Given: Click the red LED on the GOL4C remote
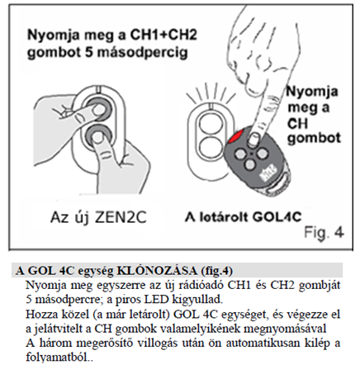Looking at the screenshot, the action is click(234, 136).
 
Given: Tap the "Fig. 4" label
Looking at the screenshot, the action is click(324, 233).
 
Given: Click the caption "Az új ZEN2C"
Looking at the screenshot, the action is click(98, 218).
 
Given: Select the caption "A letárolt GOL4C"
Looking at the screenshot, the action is click(244, 217).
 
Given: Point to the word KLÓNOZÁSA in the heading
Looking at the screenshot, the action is click(157, 271).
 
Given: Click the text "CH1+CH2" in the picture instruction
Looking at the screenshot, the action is click(163, 36).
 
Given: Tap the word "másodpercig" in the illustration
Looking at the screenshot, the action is click(142, 52).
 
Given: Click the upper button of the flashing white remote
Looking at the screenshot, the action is click(211, 122).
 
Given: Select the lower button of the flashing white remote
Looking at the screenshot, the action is click(211, 147).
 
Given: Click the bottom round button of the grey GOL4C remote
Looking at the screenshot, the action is click(249, 164).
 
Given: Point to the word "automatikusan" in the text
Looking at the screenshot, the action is click(263, 343).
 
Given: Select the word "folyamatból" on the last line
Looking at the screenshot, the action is click(58, 358).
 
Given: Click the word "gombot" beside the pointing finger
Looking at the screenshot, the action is click(314, 138).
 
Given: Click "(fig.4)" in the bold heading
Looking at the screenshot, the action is click(217, 271).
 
